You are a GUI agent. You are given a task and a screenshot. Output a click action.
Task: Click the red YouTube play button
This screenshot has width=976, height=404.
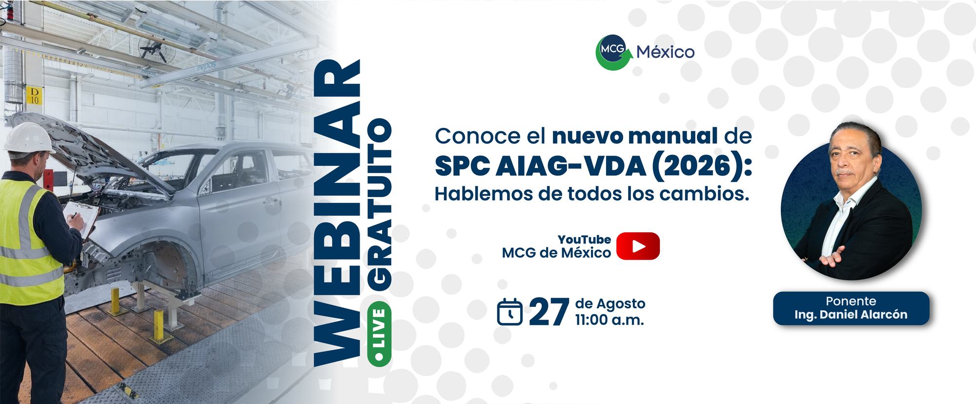point(638,246)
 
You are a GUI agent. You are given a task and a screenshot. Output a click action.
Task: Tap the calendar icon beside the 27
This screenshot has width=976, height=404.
point(510,312)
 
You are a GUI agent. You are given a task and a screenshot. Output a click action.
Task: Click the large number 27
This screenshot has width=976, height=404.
point(549,312)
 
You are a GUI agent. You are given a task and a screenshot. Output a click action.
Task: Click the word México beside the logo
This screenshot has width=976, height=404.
point(666,52)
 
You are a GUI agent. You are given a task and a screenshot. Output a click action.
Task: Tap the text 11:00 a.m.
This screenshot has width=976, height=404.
point(610,320)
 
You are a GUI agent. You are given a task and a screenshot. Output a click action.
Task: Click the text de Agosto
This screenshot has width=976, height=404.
point(610,304)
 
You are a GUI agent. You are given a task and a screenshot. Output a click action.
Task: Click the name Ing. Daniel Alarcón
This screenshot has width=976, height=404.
point(851,315)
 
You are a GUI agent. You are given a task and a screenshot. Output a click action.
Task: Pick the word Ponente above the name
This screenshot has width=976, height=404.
point(851,301)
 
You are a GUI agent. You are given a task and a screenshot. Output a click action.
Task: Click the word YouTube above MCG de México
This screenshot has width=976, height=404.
point(584,240)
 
